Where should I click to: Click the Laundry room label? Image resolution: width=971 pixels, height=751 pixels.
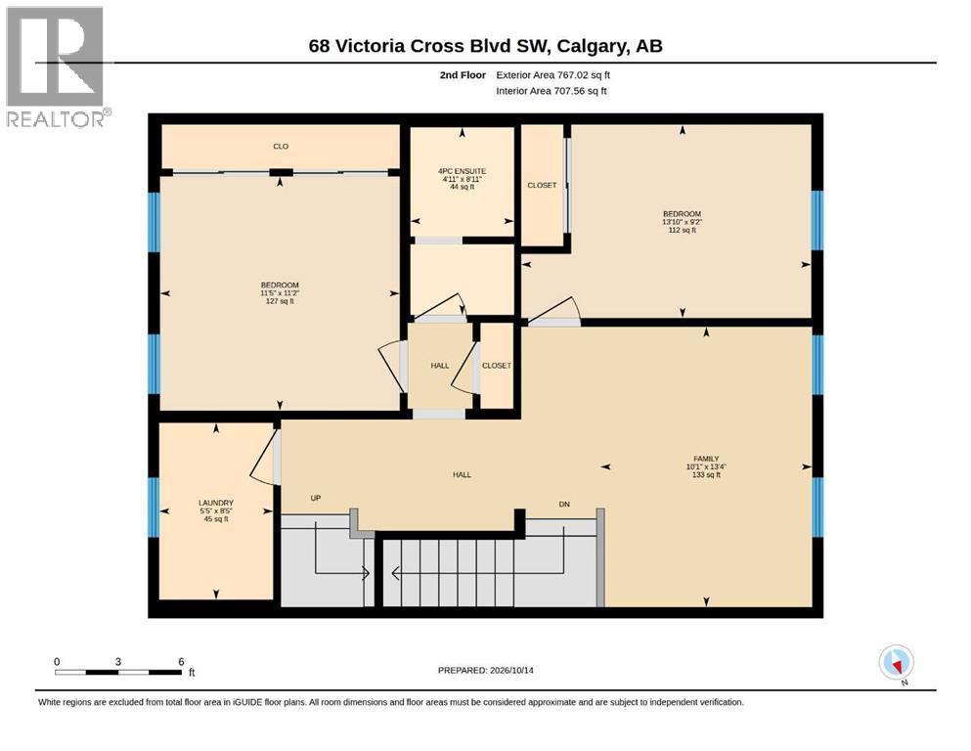(216, 510)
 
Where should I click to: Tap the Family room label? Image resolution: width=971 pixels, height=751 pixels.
(706, 466)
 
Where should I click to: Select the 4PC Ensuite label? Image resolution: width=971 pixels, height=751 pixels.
(462, 179)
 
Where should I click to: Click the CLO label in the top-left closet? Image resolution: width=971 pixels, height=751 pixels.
(281, 146)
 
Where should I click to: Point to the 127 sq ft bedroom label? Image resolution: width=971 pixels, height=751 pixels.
(280, 292)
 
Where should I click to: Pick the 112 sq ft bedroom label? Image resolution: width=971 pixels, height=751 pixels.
(682, 222)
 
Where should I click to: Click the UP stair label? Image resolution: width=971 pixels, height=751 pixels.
(316, 498)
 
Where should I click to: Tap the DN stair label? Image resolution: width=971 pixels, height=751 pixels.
(564, 504)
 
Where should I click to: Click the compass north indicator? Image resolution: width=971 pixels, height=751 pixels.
(896, 664)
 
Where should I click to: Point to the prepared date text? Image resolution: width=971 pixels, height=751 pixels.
(485, 670)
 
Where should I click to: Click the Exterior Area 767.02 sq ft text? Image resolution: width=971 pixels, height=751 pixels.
(553, 75)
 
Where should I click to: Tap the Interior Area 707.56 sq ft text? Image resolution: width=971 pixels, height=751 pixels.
(552, 91)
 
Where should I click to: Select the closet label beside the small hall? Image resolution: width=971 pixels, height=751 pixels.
(497, 366)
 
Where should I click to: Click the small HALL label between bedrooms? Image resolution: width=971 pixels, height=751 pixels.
(440, 366)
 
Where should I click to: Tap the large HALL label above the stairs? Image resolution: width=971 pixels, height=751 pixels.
(462, 475)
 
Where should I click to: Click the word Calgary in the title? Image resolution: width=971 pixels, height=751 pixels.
(592, 46)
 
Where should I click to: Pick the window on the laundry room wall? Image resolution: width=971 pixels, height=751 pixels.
(154, 508)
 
